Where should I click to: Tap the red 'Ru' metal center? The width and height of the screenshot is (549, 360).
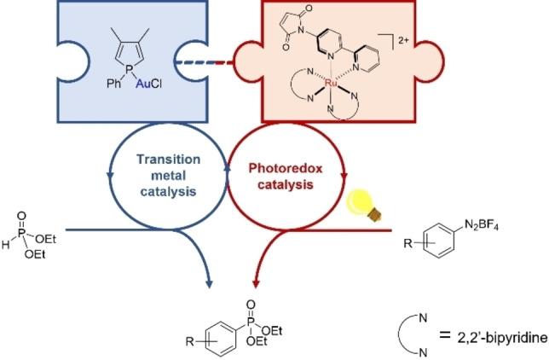click(x=340, y=84)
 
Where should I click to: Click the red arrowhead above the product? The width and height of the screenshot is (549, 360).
click(x=256, y=282)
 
